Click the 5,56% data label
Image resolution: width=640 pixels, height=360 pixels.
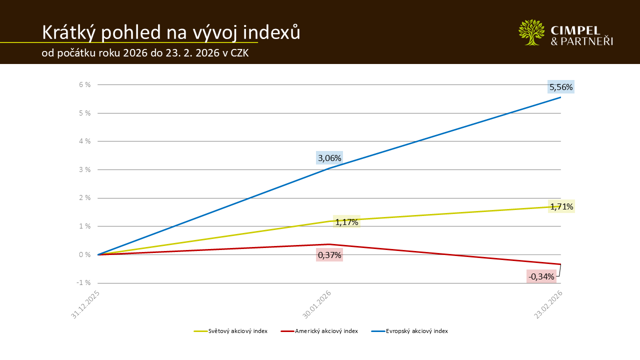(561, 87)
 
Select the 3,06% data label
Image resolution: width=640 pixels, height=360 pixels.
(329, 158)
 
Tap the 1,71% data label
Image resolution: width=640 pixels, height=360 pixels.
(561, 206)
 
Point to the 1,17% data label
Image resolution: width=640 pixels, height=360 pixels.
(346, 222)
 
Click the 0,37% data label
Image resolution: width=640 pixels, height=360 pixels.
(329, 255)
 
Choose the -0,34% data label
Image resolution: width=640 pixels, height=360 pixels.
(541, 276)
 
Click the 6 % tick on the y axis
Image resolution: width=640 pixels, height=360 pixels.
(84, 84)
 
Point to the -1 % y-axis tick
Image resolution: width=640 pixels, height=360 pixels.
(83, 283)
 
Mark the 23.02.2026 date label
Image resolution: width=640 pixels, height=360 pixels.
(548, 304)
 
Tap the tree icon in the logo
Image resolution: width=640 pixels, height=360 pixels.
(531, 32)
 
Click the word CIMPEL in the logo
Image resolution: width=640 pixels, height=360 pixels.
(581, 29)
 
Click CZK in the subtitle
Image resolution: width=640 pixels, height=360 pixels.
(239, 53)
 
